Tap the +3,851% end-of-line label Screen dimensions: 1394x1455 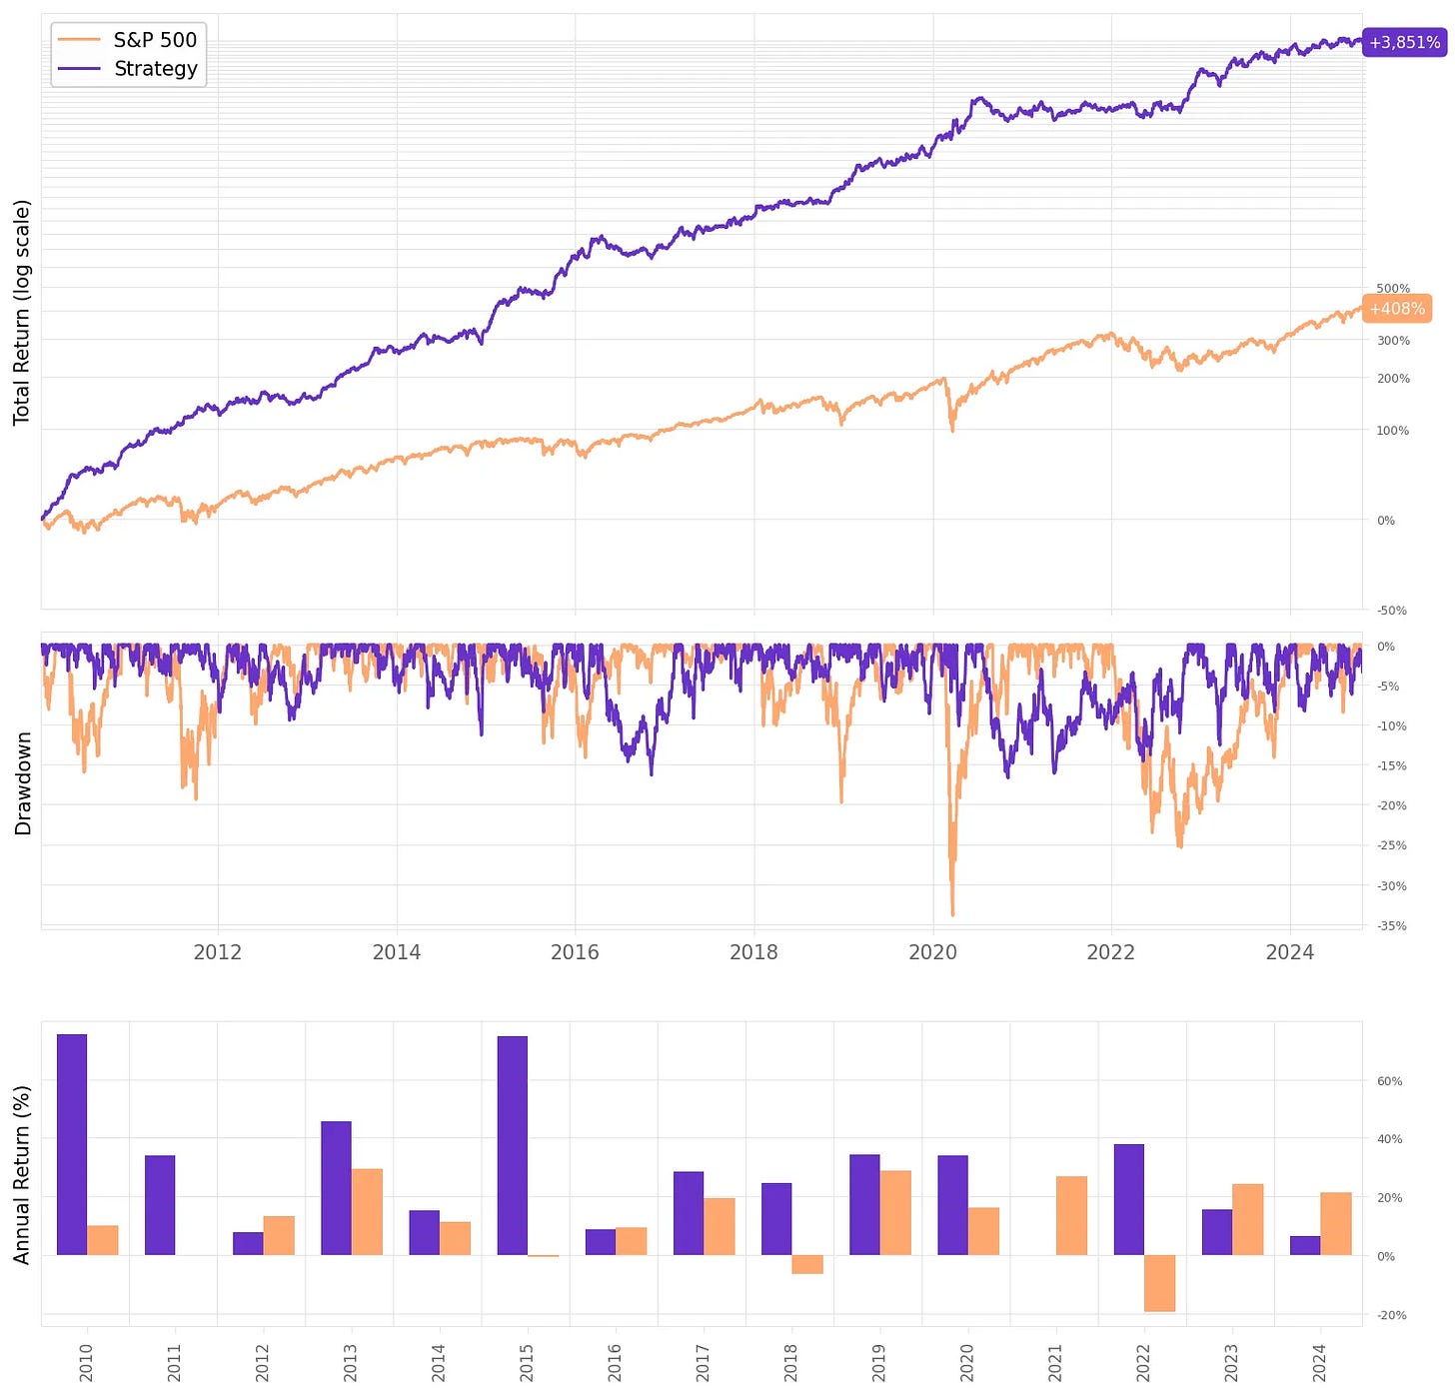click(x=1404, y=43)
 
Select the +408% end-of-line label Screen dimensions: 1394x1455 click(x=1397, y=309)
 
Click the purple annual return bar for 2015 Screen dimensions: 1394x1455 click(x=512, y=1145)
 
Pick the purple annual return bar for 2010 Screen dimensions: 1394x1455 click(x=72, y=1144)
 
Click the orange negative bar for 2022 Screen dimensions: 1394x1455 click(x=1159, y=1283)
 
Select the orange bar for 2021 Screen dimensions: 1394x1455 click(x=1071, y=1216)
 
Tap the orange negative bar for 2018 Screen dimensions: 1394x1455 click(x=807, y=1264)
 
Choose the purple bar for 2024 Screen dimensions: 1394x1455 click(x=1305, y=1246)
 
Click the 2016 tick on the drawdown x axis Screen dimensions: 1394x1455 click(x=575, y=952)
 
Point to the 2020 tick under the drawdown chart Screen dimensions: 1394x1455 click(x=932, y=952)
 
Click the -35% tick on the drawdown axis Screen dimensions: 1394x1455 click(x=1392, y=926)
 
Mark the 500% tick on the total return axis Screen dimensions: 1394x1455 click(x=1393, y=289)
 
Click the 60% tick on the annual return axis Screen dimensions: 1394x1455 click(x=1390, y=1081)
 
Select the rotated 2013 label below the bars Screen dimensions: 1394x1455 click(x=351, y=1362)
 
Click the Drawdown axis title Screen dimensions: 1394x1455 click(x=23, y=783)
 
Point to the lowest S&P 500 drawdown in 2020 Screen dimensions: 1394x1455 click(x=952, y=913)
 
